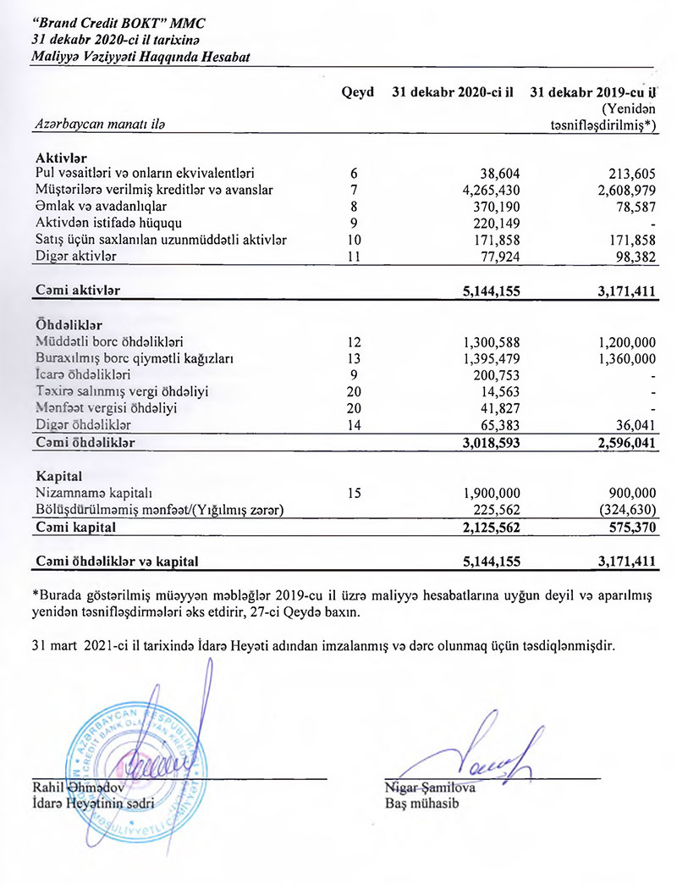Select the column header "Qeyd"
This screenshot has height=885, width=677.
pyautogui.click(x=357, y=92)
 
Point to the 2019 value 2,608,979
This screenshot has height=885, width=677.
pyautogui.click(x=622, y=190)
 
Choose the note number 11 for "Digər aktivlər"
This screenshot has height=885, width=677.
pyautogui.click(x=355, y=255)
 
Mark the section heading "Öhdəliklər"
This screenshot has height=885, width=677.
pyautogui.click(x=69, y=325)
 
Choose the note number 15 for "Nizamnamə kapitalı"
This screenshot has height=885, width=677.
pyautogui.click(x=355, y=492)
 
